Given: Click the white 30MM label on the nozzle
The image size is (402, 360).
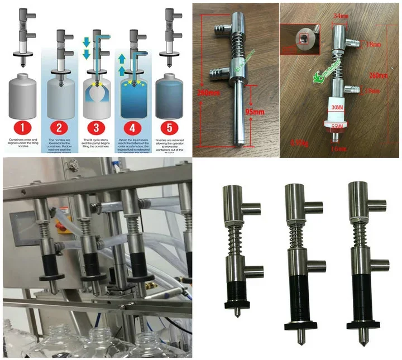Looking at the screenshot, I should [x=336, y=105].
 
